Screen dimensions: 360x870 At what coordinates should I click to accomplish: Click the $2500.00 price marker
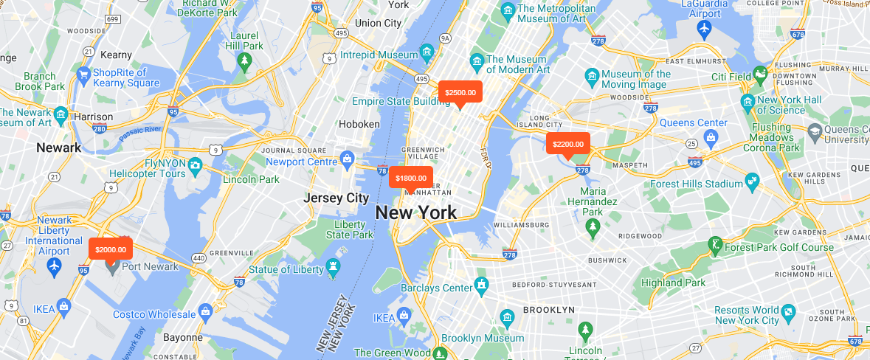(460, 92)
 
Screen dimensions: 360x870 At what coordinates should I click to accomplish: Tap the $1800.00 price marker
(410, 178)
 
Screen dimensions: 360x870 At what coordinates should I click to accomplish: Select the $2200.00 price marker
(567, 144)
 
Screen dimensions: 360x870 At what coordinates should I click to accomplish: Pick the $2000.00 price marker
(111, 249)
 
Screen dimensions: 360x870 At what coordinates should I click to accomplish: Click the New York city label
(415, 212)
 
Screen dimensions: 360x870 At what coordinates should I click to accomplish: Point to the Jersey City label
(336, 198)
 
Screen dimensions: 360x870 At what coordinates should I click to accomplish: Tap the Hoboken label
(359, 124)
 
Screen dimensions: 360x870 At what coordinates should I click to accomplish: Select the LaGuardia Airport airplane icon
(703, 28)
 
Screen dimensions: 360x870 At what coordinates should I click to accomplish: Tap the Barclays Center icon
(483, 285)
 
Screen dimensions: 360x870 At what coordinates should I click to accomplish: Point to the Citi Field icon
(762, 75)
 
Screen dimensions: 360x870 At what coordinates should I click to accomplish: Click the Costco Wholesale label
(155, 315)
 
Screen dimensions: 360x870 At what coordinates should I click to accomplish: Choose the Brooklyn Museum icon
(507, 318)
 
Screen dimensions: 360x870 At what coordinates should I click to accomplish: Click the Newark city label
(58, 148)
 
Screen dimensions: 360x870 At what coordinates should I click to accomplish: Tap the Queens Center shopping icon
(711, 136)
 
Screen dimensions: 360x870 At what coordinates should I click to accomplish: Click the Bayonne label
(182, 337)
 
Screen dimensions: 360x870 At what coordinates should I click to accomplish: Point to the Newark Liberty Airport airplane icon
(54, 266)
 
